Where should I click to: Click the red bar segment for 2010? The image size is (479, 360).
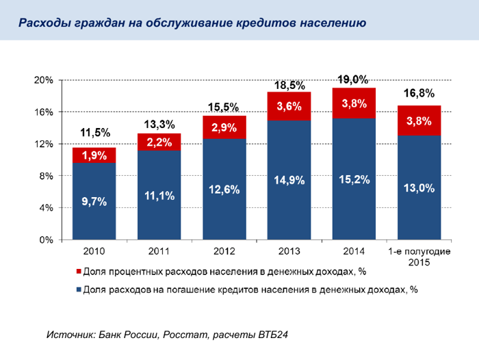coord(94,155)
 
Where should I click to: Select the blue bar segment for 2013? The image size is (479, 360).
coord(289,179)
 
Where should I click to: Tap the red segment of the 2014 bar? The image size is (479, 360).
coord(354,103)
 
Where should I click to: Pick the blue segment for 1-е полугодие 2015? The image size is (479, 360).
coord(419,188)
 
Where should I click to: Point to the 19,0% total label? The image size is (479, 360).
coord(354,79)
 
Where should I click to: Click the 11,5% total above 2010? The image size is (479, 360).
coord(94,132)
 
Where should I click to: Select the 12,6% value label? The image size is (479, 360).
coord(224,190)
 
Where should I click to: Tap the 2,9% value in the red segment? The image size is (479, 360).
coord(224,127)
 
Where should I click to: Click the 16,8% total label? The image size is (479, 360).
coord(419,93)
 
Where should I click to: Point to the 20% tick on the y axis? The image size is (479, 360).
coord(44,80)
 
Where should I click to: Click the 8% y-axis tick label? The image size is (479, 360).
coord(47,176)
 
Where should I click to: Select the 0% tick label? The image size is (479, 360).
coord(47,240)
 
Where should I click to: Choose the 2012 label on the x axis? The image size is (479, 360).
coord(224,253)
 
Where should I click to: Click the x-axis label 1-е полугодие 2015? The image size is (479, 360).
coord(419,257)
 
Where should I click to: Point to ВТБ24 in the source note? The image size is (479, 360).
coord(274,335)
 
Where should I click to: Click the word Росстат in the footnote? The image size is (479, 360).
coord(184,335)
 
